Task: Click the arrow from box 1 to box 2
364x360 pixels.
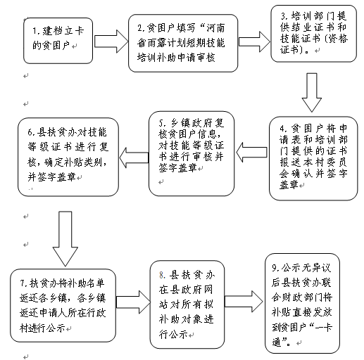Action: (x=111, y=41)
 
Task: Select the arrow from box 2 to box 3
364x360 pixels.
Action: (x=255, y=41)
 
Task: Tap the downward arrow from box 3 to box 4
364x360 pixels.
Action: (x=312, y=92)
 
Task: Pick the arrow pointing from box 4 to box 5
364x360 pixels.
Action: (x=251, y=153)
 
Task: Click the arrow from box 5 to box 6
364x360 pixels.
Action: (x=134, y=157)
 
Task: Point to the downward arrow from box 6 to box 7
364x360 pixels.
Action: (x=65, y=238)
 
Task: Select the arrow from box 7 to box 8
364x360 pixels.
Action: (x=133, y=302)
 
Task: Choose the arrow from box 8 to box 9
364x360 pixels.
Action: (x=244, y=302)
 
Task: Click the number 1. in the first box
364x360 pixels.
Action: (x=37, y=31)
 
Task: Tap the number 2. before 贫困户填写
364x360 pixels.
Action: (x=142, y=28)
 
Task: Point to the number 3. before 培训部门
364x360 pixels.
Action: (x=284, y=16)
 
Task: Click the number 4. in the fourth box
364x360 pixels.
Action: (x=283, y=129)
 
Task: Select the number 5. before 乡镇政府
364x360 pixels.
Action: (x=163, y=123)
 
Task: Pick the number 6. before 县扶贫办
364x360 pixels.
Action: (x=32, y=133)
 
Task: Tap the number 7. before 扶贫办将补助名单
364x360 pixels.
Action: (x=24, y=283)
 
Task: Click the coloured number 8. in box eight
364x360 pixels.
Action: (x=163, y=275)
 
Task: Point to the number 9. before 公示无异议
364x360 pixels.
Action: (x=276, y=268)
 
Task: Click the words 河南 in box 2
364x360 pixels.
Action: (x=215, y=28)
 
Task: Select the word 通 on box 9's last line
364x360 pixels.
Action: (x=277, y=342)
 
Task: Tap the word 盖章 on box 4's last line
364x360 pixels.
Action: (x=289, y=185)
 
